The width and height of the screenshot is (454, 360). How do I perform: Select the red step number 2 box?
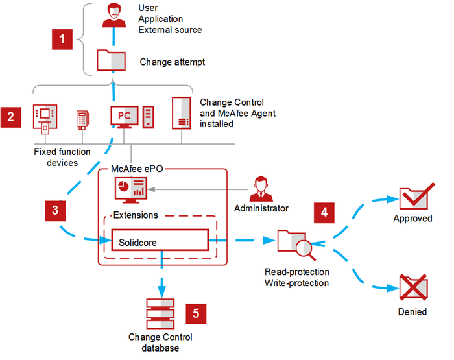point(11,117)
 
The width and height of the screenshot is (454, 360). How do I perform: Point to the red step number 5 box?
point(196,313)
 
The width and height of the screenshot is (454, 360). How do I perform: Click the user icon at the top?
point(113,15)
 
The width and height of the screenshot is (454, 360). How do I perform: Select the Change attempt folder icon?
point(110,60)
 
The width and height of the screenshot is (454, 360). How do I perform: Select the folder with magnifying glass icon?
point(293,241)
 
